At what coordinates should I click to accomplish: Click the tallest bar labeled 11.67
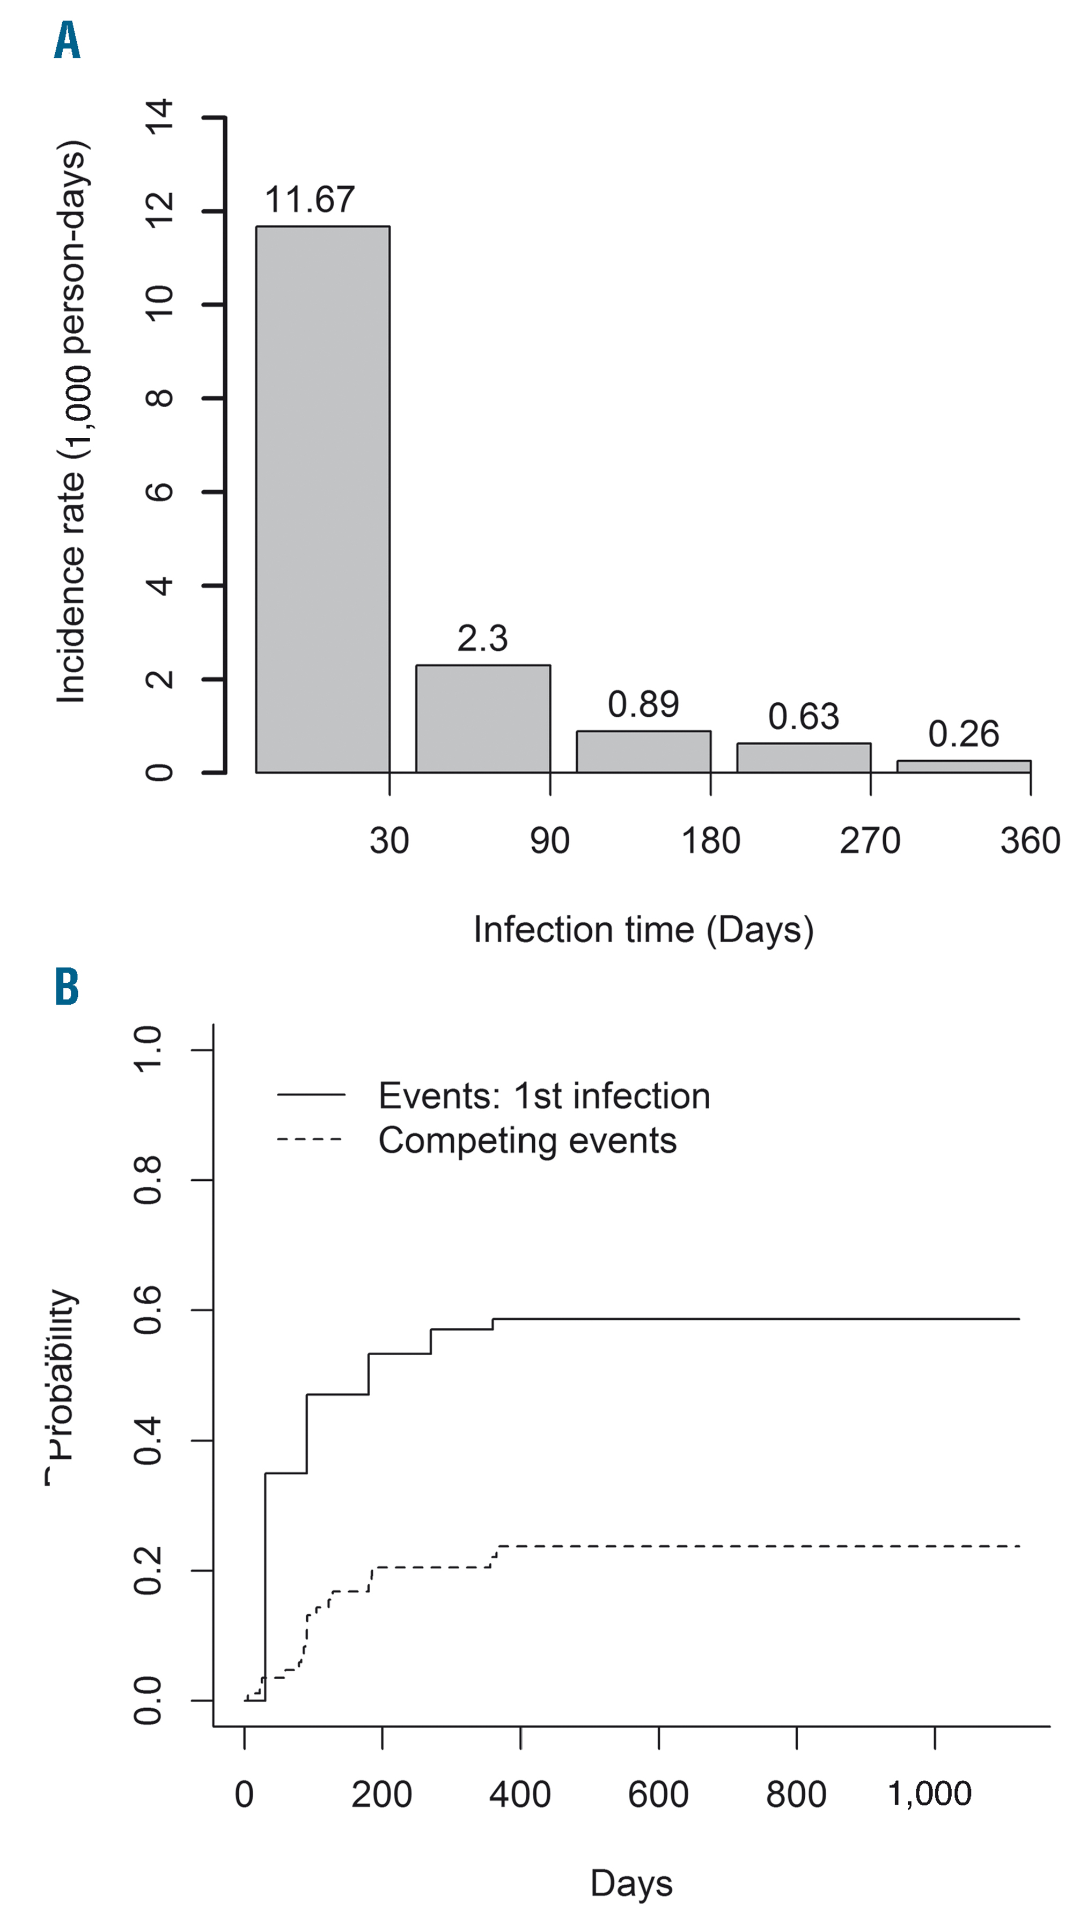tap(322, 499)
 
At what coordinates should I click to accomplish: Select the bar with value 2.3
tap(483, 719)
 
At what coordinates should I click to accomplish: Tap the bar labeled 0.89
tap(643, 752)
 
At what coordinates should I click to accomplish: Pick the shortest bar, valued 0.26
tap(964, 767)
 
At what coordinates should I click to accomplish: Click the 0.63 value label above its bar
tap(803, 717)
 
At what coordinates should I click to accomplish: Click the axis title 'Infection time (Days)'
tap(643, 930)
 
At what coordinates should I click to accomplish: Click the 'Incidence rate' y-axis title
tap(73, 421)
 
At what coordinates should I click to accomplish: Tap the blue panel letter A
tap(67, 41)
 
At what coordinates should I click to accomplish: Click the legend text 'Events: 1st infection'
tap(544, 1096)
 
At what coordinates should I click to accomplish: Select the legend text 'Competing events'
tap(527, 1141)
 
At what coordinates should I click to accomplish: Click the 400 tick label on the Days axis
tap(520, 1795)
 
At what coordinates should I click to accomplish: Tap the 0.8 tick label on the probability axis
tap(148, 1181)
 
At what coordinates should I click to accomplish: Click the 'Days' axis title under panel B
tap(631, 1883)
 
